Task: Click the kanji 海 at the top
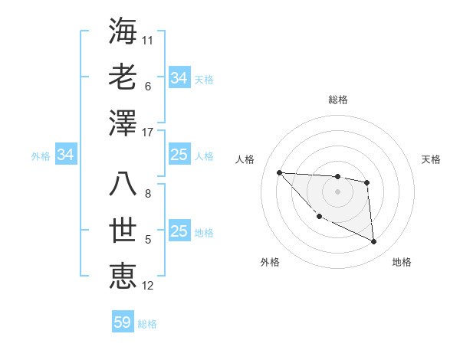[123, 31]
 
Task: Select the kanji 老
[123, 77]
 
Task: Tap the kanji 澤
[123, 123]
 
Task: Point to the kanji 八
[123, 185]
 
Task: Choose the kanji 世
[123, 231]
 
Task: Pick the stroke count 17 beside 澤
[148, 133]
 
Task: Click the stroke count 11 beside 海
[148, 40]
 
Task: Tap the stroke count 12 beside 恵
[148, 286]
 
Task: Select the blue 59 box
[123, 322]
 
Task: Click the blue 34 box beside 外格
[66, 155]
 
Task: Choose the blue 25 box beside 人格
[179, 155]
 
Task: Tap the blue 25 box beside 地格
[179, 232]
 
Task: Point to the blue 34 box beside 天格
[179, 78]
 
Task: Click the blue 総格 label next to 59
[147, 324]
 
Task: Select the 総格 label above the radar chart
[338, 100]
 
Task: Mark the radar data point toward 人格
[279, 172]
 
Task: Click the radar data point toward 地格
[374, 242]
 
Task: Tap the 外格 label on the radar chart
[270, 262]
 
